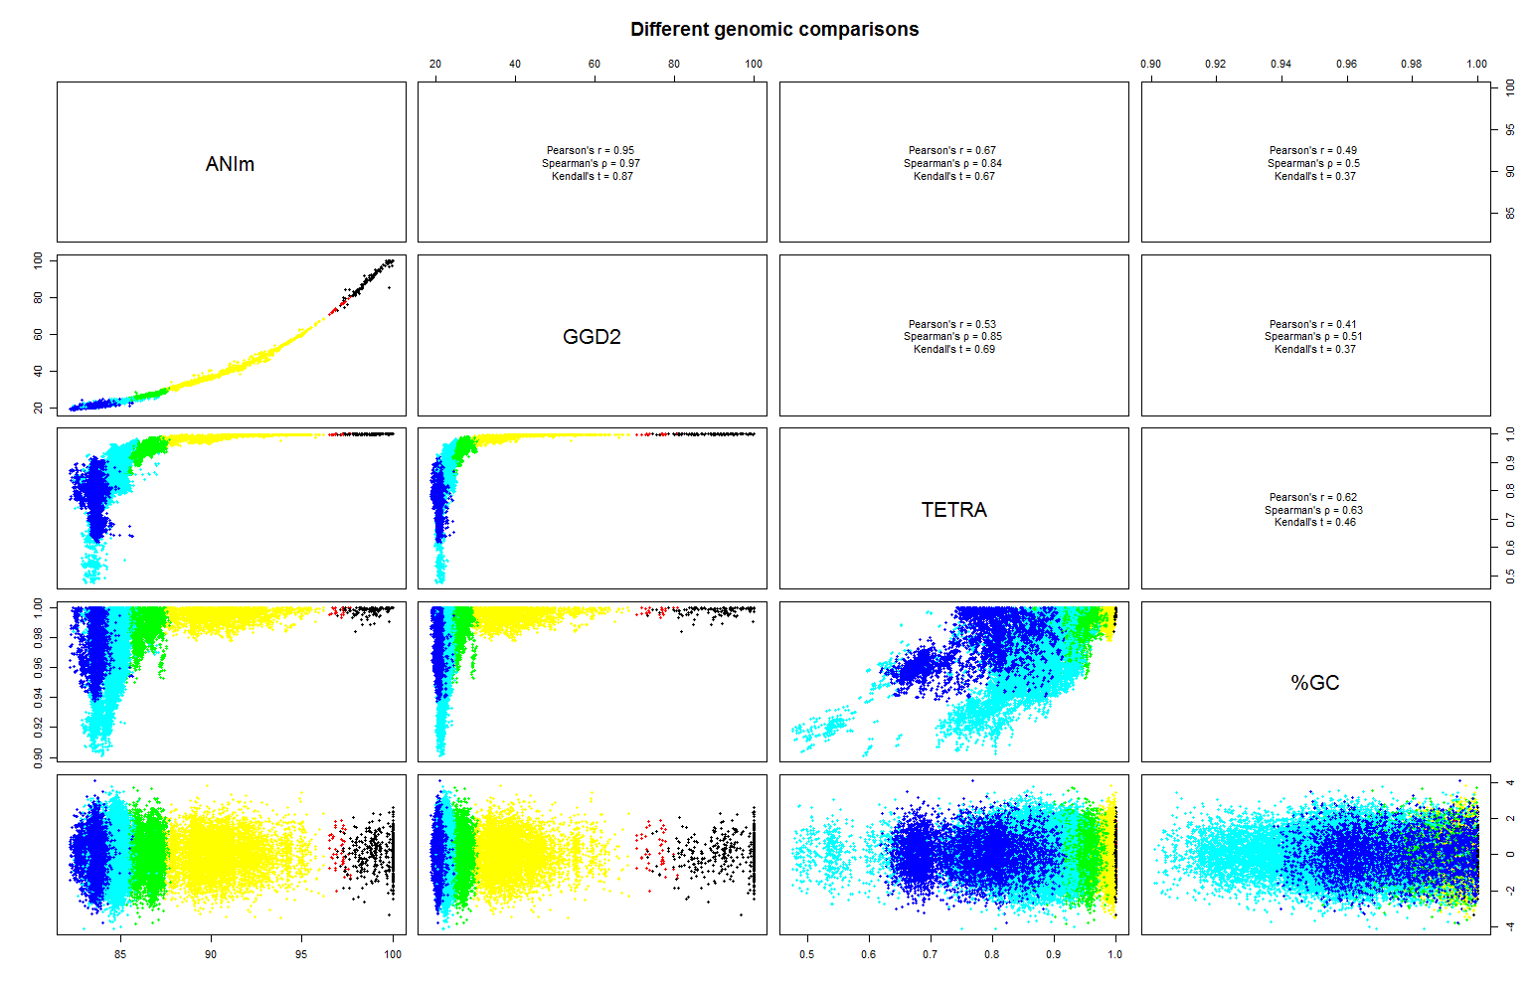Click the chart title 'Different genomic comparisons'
click(774, 30)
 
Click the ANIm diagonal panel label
click(230, 164)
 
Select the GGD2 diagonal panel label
click(592, 337)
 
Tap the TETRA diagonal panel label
click(953, 510)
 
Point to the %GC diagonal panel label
click(1314, 683)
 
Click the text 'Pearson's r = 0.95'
click(591, 151)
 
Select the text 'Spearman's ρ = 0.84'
click(952, 164)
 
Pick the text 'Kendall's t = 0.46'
click(1314, 523)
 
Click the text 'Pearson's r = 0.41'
click(1313, 324)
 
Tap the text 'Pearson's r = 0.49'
click(1313, 151)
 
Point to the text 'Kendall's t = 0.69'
click(953, 350)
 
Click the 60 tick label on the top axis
click(595, 64)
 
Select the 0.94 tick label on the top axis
click(1280, 64)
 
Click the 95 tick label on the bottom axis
click(301, 954)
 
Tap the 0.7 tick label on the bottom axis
click(930, 954)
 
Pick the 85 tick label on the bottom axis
click(120, 954)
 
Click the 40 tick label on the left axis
click(39, 371)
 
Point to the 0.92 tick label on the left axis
click(39, 728)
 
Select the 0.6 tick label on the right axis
click(1510, 548)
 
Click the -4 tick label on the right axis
click(1510, 926)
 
